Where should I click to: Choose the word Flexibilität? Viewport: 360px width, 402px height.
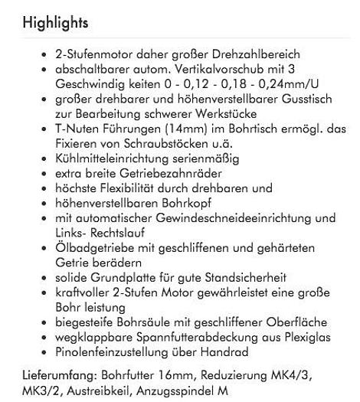pos(130,180)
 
